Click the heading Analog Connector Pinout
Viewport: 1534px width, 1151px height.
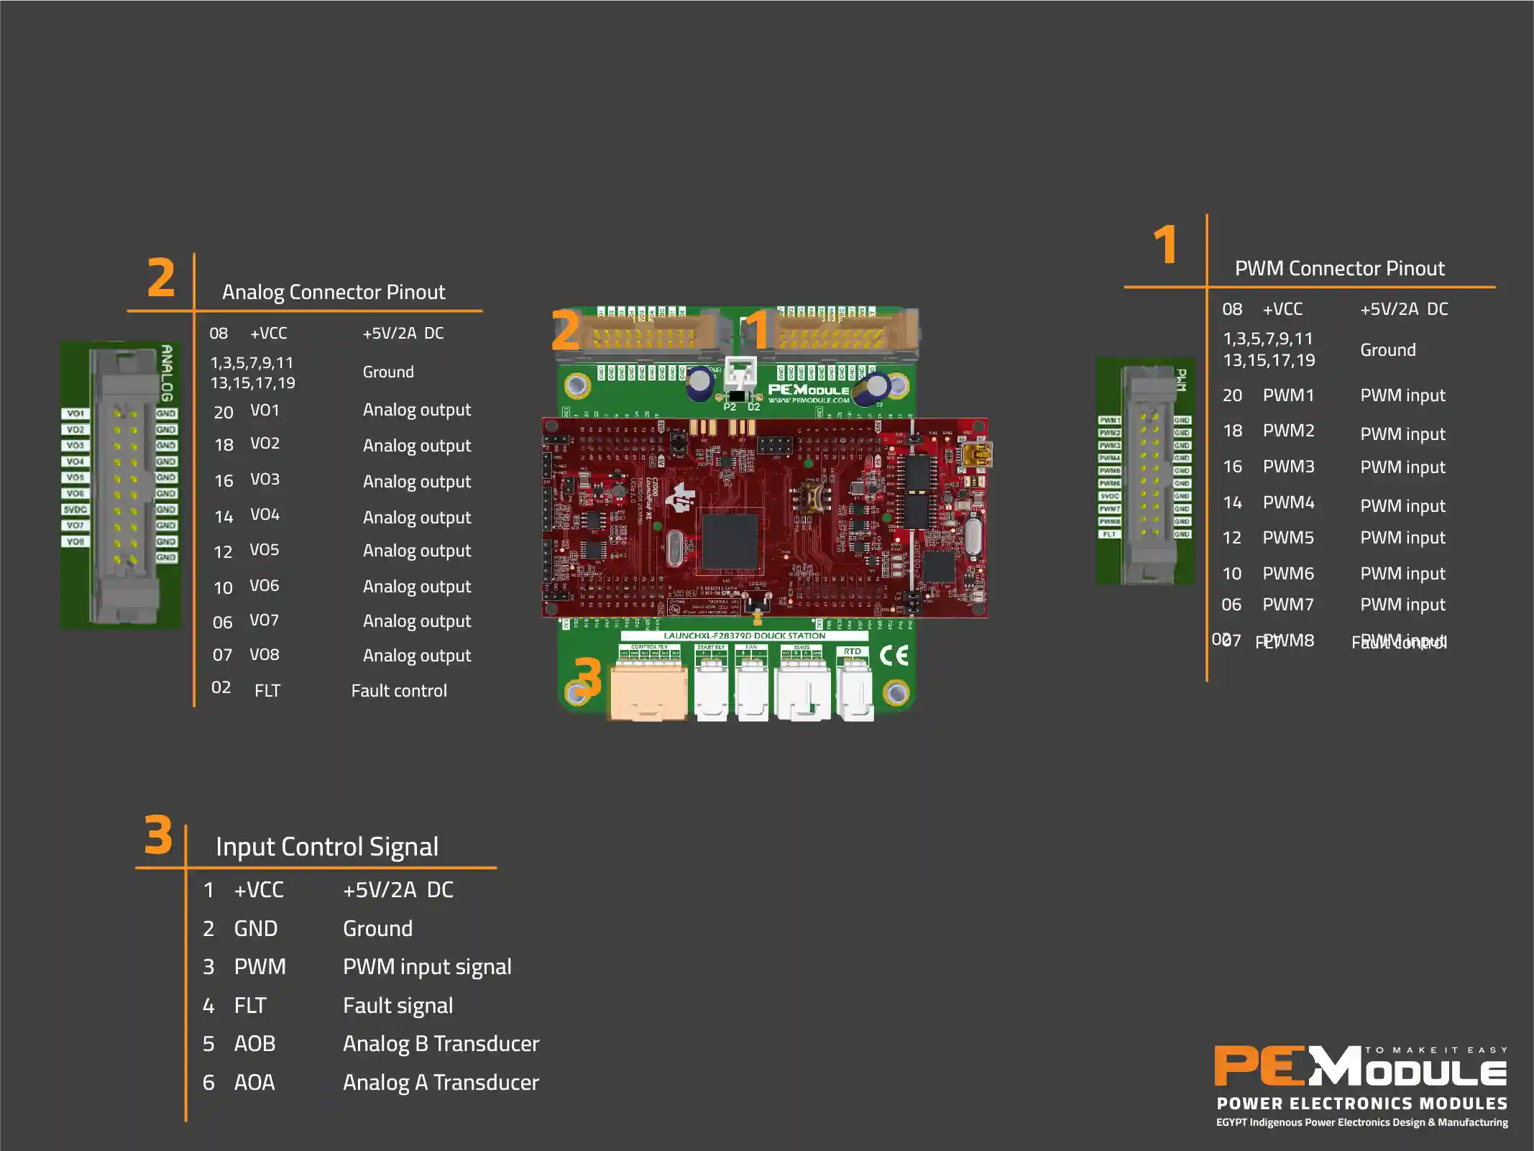tap(333, 292)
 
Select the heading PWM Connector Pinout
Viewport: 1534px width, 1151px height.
tap(1338, 268)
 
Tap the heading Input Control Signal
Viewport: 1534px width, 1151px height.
tap(326, 846)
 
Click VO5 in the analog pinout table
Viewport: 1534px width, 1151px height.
tap(264, 550)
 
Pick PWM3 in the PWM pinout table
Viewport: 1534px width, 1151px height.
tap(1288, 467)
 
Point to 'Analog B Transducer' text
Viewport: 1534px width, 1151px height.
tap(441, 1043)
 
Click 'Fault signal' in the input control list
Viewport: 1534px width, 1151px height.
tap(398, 1005)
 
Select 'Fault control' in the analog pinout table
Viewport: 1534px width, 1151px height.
tap(399, 691)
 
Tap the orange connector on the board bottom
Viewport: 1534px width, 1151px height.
tap(648, 692)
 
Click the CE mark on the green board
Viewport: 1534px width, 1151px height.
tap(894, 655)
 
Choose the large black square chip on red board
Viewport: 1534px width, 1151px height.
tap(730, 541)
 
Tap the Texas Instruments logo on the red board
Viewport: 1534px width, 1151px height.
tap(680, 497)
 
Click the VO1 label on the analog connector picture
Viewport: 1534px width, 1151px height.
tap(75, 413)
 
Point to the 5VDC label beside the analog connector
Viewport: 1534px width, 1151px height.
tap(75, 509)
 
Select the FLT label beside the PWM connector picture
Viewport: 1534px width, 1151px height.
tap(1109, 534)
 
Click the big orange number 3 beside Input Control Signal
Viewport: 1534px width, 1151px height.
tap(158, 835)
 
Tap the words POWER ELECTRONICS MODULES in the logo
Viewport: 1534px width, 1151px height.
tap(1361, 1103)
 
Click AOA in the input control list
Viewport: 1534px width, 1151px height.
tap(254, 1082)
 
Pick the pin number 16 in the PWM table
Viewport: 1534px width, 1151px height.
tap(1232, 467)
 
